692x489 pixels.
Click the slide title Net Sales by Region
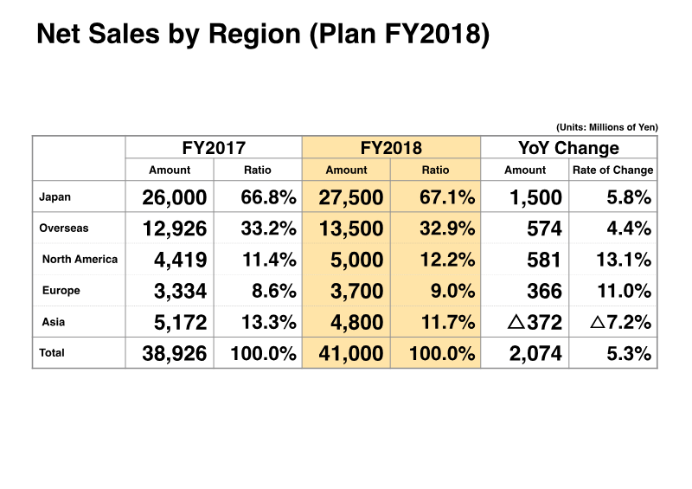262,35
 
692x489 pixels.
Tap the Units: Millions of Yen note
606,126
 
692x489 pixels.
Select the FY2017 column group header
214,148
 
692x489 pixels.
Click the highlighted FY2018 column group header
391,148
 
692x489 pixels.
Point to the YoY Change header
569,148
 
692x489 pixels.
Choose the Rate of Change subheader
613,171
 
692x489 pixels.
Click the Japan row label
55,197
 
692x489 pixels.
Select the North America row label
80,259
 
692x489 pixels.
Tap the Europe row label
61,291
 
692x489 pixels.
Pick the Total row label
52,352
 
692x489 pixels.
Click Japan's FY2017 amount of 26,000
174,198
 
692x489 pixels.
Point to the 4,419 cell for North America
180,260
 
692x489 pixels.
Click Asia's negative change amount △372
535,323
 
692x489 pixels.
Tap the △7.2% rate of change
619,323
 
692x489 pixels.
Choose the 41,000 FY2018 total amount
350,353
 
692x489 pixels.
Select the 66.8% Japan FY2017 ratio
268,198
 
